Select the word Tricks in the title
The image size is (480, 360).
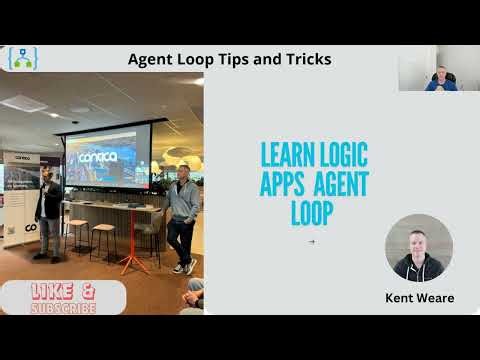tap(305, 59)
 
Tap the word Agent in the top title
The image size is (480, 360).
tap(152, 59)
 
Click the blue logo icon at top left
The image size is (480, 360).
tap(23, 60)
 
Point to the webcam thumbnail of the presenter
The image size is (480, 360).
tap(438, 69)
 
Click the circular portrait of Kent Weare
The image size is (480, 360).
tap(418, 247)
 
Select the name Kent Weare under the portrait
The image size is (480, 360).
tap(418, 298)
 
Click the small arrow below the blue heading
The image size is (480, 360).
tap(313, 241)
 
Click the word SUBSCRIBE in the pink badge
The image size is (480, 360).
tap(64, 307)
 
